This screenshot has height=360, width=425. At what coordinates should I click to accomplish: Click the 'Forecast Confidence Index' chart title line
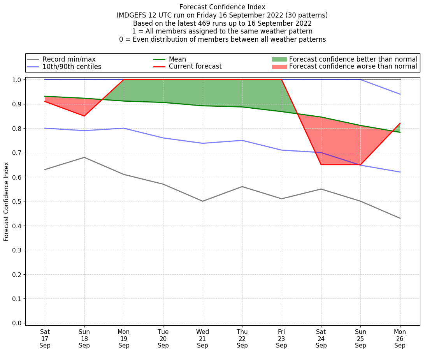[x=222, y=7]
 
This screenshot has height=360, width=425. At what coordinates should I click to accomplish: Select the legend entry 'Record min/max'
[x=68, y=59]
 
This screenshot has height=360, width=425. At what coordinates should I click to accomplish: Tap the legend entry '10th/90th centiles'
[x=72, y=67]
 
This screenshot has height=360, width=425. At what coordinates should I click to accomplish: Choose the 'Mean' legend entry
[x=177, y=59]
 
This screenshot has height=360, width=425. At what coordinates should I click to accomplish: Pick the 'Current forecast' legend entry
[x=195, y=67]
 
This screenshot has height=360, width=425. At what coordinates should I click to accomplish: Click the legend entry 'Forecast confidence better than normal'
[x=353, y=59]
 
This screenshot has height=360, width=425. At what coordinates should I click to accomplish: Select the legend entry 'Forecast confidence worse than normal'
[x=353, y=67]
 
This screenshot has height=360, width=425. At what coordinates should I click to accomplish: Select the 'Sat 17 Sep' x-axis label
[x=45, y=339]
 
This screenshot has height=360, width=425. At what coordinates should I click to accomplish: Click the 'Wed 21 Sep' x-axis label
[x=202, y=339]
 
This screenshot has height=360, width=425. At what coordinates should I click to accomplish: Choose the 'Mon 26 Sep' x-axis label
[x=400, y=339]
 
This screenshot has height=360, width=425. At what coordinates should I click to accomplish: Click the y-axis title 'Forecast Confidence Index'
[x=7, y=201]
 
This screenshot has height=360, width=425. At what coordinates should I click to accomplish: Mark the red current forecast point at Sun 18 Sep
[x=84, y=116]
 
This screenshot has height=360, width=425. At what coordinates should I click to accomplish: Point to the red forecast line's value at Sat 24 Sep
[x=321, y=165]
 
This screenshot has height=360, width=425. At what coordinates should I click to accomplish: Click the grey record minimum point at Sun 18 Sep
[x=84, y=157]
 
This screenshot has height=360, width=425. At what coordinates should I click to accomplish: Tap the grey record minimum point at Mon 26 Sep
[x=400, y=218]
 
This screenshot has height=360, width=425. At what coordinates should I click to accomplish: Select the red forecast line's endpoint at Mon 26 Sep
[x=400, y=124]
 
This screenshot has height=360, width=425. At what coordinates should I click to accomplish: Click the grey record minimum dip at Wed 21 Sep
[x=202, y=201]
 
